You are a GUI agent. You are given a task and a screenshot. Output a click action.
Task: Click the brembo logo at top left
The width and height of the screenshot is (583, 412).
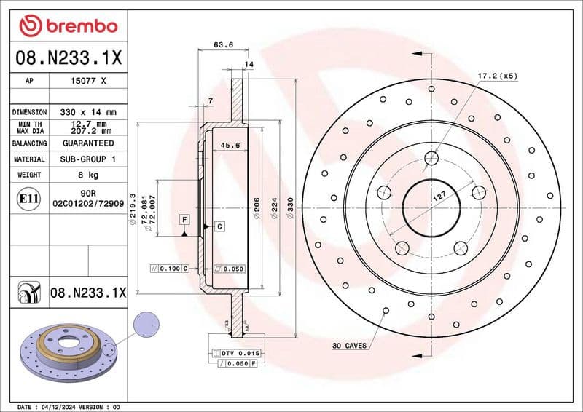click(68, 26)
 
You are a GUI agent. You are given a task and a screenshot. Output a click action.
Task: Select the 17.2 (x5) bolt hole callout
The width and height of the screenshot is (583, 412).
click(497, 76)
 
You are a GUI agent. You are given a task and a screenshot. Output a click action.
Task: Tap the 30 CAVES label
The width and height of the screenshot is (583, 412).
click(349, 345)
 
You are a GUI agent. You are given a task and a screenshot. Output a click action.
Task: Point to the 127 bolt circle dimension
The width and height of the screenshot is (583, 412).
click(439, 197)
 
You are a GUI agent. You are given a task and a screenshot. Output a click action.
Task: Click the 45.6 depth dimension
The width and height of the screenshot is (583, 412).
click(230, 146)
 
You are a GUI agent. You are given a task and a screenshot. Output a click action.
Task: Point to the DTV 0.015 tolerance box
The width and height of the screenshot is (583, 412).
click(239, 353)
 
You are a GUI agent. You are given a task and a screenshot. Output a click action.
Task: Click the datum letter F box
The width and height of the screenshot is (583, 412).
click(184, 220)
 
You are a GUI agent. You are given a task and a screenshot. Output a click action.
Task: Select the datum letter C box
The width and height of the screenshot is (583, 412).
click(219, 227)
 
